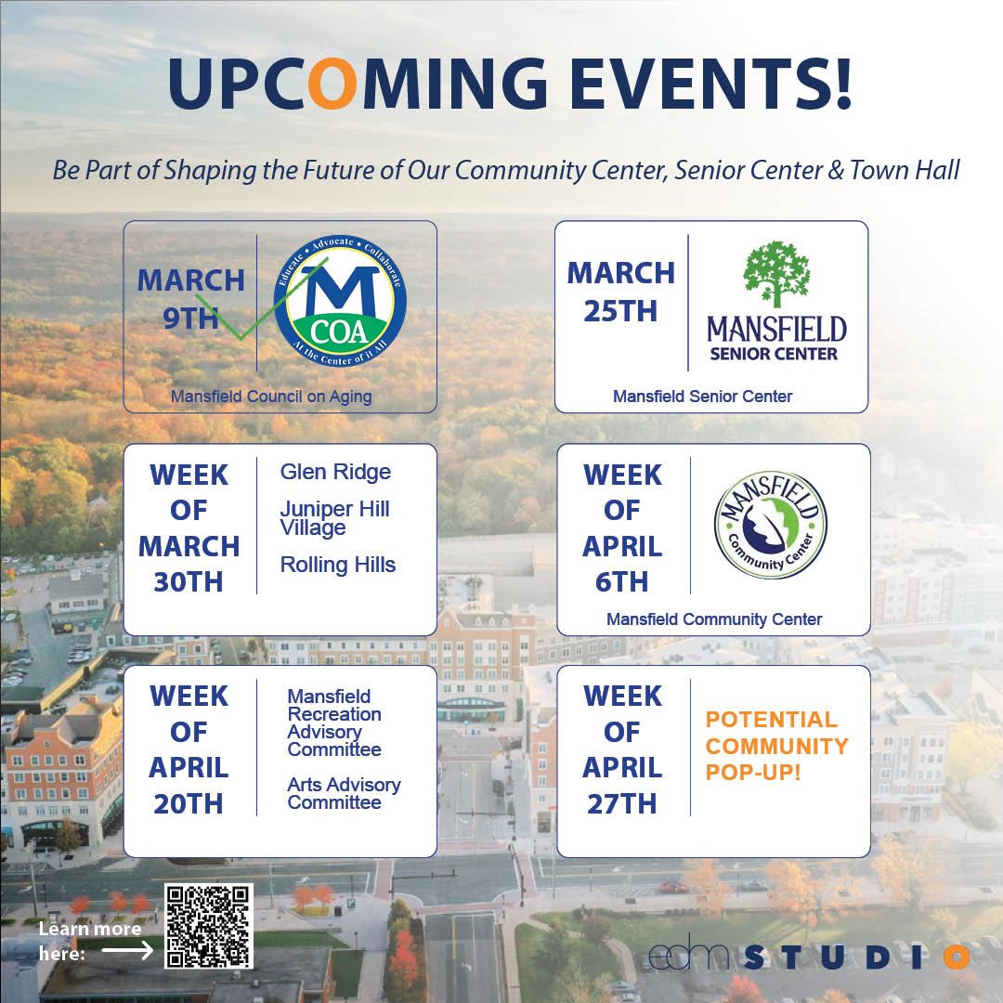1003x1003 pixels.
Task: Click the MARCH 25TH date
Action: tap(620, 292)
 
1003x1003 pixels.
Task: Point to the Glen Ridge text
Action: tap(335, 472)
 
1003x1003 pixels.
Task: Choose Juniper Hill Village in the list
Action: tap(334, 518)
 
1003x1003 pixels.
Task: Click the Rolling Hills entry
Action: tap(337, 565)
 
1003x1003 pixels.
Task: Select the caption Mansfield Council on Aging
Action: tap(271, 397)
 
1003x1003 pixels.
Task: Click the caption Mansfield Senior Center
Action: tap(703, 397)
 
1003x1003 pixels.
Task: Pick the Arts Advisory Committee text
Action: tap(344, 793)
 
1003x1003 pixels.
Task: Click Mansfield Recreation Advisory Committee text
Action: tap(334, 723)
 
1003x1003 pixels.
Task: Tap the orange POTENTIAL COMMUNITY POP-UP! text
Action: tap(776, 745)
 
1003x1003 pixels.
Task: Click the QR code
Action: tap(209, 926)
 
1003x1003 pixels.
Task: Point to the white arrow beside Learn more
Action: tap(128, 950)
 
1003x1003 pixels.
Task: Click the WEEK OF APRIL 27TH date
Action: tap(622, 749)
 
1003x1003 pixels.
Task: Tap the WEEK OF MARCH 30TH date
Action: tap(189, 528)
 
